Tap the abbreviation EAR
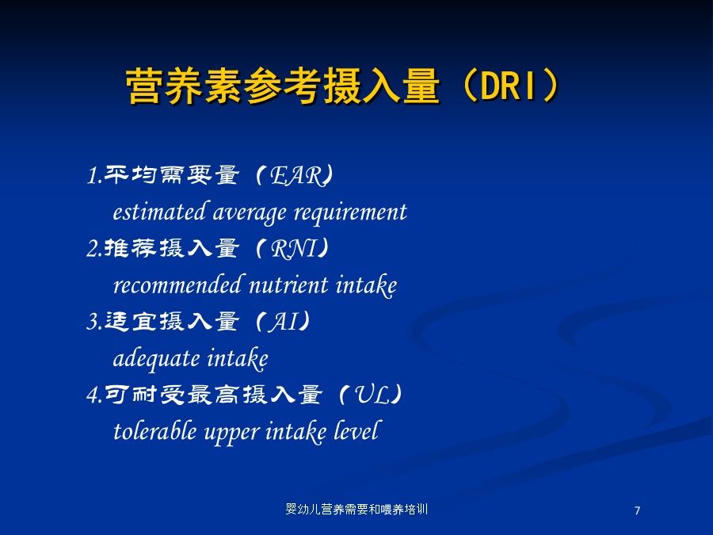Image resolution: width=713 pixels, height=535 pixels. point(297,176)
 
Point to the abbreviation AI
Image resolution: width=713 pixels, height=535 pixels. point(285,322)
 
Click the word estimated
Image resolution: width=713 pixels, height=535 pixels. point(159,212)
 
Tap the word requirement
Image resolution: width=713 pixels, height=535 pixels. point(350,213)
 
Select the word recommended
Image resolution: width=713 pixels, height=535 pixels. point(177,285)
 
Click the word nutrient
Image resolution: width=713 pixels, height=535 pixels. point(288,285)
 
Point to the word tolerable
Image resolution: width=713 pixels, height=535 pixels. point(155,431)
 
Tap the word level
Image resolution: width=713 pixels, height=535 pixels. point(356,430)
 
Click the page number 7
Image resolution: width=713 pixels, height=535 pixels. point(637,510)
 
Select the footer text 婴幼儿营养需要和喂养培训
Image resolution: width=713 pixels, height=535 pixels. point(356,509)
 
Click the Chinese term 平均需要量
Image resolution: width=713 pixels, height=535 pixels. point(172,175)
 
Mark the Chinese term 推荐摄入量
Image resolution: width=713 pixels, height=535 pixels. point(172,248)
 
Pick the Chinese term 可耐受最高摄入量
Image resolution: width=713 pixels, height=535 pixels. point(213,395)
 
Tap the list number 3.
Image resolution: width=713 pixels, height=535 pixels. point(93,322)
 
